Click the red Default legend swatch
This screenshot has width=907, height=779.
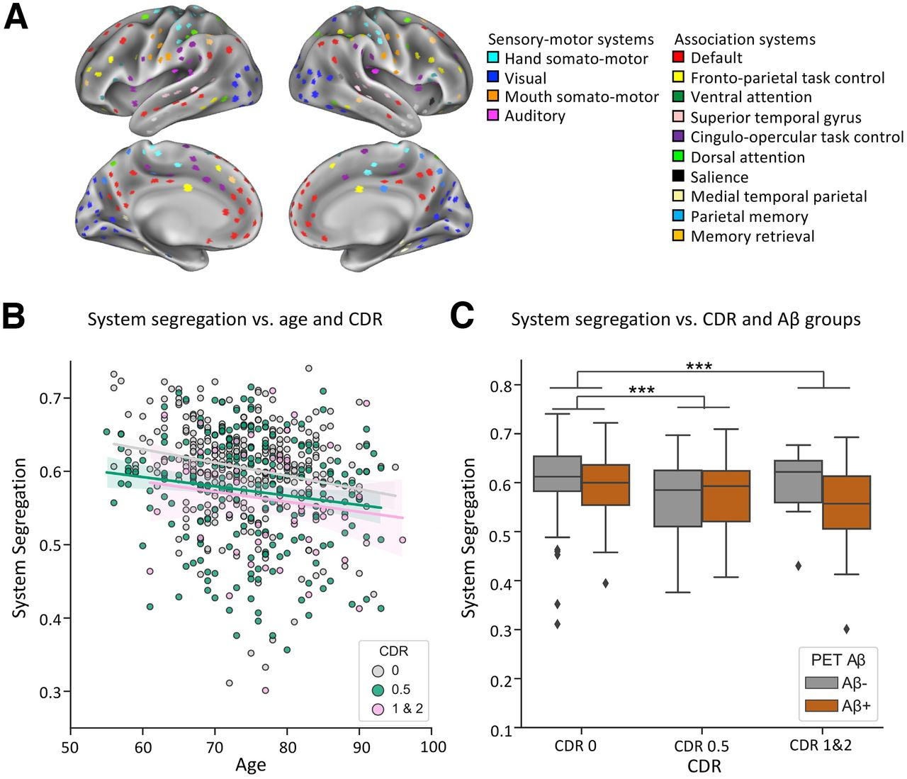(x=678, y=57)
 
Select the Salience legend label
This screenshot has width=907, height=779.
(x=719, y=177)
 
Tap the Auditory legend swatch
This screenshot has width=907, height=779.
(x=493, y=115)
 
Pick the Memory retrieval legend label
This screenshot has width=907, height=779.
(x=753, y=236)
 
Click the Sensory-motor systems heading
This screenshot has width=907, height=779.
(x=570, y=40)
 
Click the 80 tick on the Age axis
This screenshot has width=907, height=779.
(x=288, y=746)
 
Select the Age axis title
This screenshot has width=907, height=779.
(x=251, y=765)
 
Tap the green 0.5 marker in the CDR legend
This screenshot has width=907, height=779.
(x=378, y=690)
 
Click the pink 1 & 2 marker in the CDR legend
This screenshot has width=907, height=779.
(x=378, y=709)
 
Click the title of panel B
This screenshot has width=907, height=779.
(x=235, y=320)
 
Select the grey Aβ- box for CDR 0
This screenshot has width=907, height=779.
(x=557, y=473)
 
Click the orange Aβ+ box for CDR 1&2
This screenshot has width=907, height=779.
(x=846, y=503)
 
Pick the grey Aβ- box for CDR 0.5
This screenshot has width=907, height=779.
(x=677, y=498)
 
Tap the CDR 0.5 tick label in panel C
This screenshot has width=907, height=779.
(x=702, y=746)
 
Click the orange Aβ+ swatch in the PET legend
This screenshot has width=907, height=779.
(x=821, y=706)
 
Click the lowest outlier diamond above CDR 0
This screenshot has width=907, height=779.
(x=558, y=624)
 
